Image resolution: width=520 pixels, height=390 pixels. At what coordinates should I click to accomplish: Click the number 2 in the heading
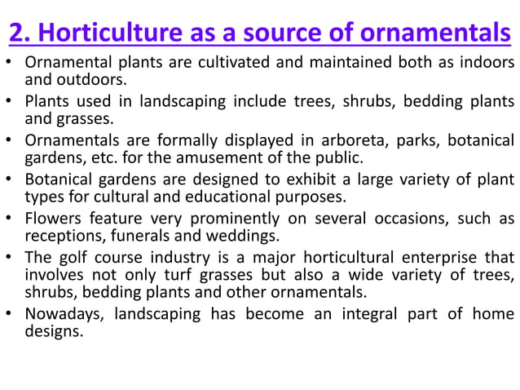(x=16, y=35)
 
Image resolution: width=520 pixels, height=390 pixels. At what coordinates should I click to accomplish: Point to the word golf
(x=68, y=258)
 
